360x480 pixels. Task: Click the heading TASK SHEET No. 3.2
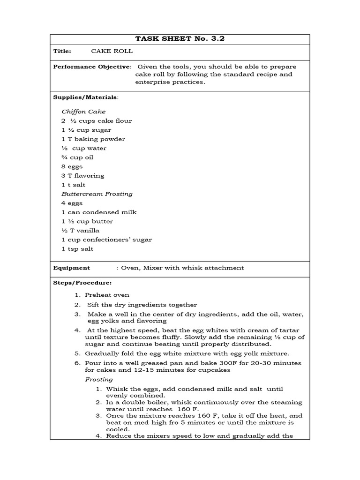[180, 39]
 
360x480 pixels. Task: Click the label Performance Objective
[92, 67]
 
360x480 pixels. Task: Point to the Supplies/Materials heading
[86, 97]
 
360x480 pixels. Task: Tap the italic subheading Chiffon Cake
[83, 112]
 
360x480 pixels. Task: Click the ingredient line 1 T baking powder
[93, 139]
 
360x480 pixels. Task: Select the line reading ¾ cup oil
[77, 157]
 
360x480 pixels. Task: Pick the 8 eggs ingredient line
[72, 166]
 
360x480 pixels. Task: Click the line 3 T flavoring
[82, 176]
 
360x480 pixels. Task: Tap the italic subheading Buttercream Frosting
[97, 194]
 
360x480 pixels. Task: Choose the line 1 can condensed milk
[98, 212]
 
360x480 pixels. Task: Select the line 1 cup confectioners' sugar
[106, 240]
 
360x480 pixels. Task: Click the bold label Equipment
[72, 268]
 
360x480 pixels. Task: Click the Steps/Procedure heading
[82, 283]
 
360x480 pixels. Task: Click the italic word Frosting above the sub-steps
[99, 380]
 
